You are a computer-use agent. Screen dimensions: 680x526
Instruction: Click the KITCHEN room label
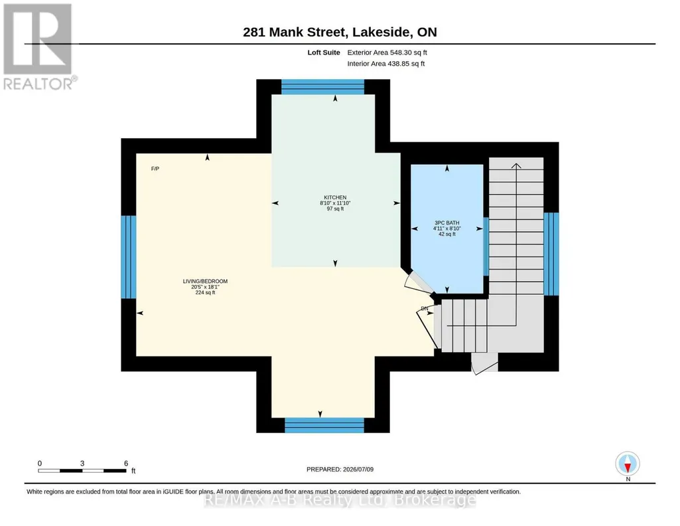tap(335, 197)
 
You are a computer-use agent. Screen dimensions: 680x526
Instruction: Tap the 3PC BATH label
tap(446, 223)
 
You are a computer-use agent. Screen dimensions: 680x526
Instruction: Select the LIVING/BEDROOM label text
tap(205, 281)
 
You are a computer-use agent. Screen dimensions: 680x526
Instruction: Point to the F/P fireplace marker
tap(155, 169)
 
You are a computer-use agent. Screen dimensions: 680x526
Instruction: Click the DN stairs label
tap(425, 309)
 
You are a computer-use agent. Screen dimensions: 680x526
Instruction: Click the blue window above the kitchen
tap(322, 87)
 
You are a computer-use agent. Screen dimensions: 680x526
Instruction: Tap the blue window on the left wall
tap(128, 257)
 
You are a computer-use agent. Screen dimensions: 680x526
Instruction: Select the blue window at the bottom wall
tap(324, 425)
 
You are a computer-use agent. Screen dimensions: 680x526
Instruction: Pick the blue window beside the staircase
tap(551, 254)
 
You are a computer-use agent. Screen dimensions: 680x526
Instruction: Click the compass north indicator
tap(628, 464)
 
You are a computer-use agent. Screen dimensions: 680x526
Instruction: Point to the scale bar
tap(82, 470)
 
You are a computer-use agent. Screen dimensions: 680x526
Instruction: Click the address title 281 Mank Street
tap(295, 32)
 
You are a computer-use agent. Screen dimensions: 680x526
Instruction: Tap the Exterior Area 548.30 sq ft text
tap(387, 52)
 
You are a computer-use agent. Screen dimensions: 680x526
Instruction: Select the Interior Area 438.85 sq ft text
tap(386, 64)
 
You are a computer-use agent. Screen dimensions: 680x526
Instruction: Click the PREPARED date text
tap(340, 469)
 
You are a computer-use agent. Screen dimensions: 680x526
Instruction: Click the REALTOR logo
tap(39, 47)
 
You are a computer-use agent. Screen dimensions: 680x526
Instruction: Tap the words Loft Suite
tap(324, 52)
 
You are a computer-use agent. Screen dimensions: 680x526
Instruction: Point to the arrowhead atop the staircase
tap(516, 166)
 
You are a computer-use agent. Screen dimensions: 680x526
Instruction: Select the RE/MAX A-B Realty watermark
tap(340, 500)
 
